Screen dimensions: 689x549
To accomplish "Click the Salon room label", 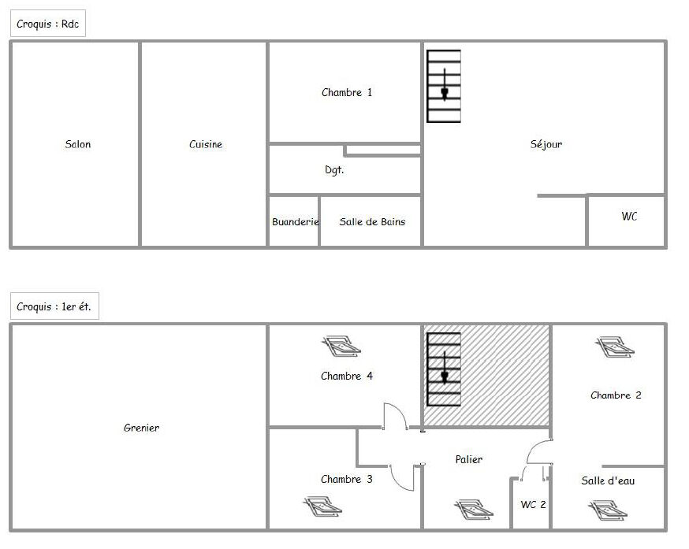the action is (78, 144).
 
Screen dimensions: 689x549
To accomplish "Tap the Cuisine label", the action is (206, 144).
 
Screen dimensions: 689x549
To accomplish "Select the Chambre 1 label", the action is (347, 93).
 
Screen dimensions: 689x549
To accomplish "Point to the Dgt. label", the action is (334, 170).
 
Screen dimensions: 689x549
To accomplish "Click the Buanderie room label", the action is (296, 222).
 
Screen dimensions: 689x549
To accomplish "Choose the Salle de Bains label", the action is (372, 222).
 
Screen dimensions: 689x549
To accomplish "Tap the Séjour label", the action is (546, 144).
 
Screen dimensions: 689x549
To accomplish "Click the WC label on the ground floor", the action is (629, 216).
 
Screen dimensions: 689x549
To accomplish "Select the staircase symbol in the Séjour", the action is (444, 86).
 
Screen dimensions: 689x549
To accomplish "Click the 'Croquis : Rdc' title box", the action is (48, 24).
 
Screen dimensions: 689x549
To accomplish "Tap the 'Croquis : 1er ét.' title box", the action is (54, 306).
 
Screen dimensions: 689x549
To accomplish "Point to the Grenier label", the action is (141, 428).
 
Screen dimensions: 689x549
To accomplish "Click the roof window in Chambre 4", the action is (341, 346).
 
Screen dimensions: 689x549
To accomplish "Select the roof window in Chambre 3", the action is (323, 506).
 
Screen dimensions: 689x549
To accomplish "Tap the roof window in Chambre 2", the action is (615, 347).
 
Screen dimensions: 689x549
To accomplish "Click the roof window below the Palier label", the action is (473, 509).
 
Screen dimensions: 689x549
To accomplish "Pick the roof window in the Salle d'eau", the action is (608, 510).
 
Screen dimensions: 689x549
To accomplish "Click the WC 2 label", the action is (533, 505).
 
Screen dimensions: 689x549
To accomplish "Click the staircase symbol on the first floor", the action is (444, 369).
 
